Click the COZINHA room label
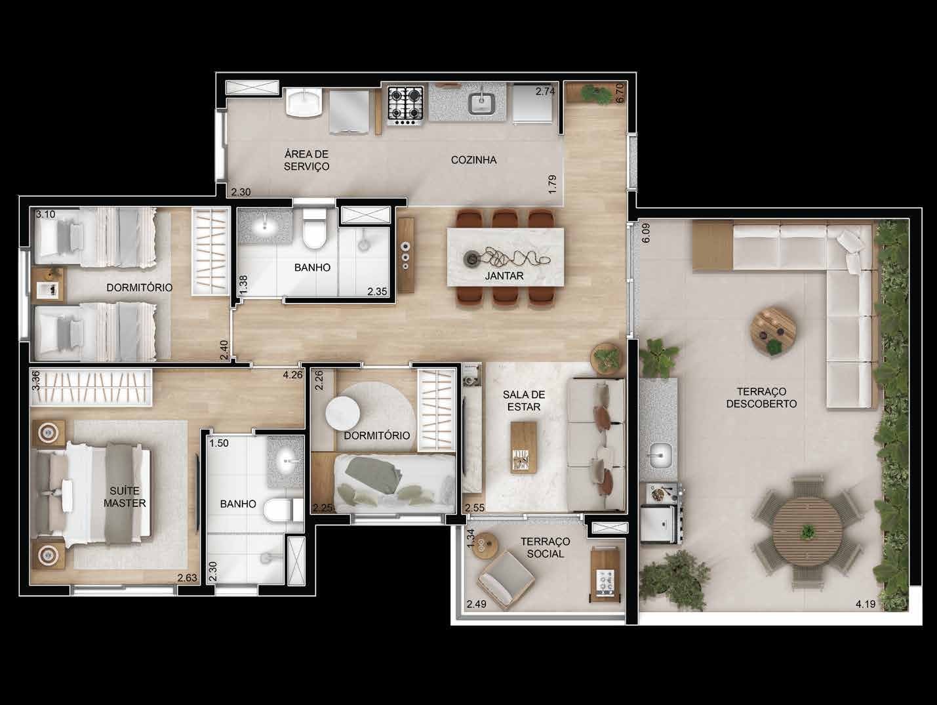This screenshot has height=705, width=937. coord(473,160)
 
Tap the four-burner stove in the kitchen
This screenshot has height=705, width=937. coord(405,106)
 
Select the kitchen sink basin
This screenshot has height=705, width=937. coord(481,104)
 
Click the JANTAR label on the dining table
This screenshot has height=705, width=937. coord(504,275)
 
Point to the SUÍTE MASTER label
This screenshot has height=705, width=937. coord(125,497)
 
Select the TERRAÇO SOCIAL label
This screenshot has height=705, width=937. coord(545,548)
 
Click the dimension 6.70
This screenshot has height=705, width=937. coord(620,93)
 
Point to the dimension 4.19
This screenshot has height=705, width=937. coord(866,604)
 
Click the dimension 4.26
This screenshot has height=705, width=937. coord(292,375)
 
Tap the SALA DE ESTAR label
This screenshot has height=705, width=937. coord(524,401)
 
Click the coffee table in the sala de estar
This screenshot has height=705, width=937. coord(524,447)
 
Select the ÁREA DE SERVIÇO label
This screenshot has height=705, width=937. coord(306,160)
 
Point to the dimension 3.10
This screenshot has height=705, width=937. coord(45,214)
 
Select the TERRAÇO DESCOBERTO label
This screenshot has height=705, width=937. coord(761,397)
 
